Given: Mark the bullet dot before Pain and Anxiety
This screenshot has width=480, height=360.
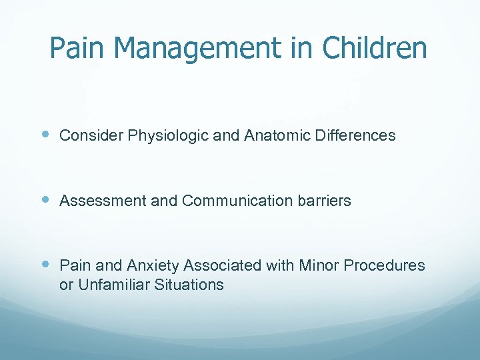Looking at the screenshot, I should [44, 265].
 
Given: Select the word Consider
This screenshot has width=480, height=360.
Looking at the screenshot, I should [89, 136].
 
